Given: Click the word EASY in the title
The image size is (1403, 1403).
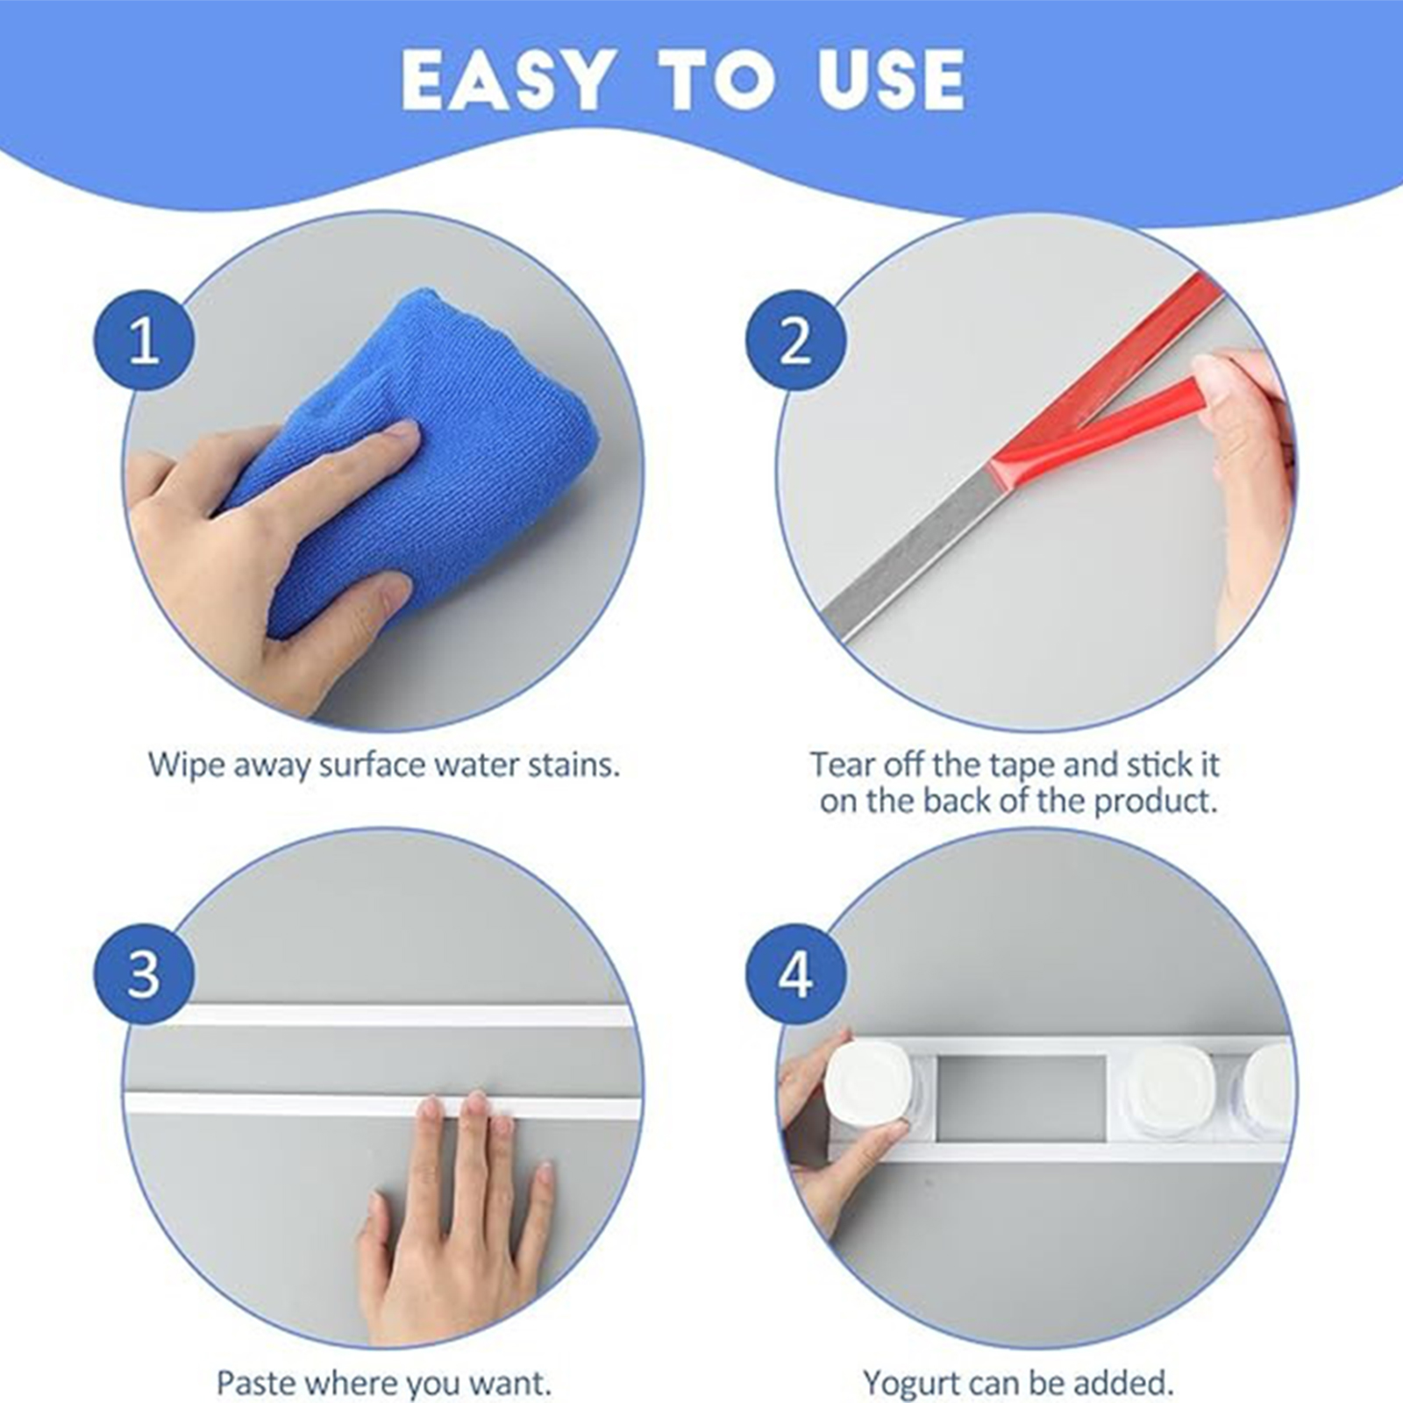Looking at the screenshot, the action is tap(507, 80).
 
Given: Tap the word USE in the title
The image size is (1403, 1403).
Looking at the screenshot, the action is tap(892, 80).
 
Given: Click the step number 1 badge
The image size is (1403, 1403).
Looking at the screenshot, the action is tap(144, 340).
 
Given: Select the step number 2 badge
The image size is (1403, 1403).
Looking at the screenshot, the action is tap(795, 340).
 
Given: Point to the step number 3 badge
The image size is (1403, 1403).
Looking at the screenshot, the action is tap(144, 974).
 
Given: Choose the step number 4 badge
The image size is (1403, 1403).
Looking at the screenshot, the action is tap(795, 974).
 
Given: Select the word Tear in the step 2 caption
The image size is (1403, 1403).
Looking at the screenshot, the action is tap(842, 765).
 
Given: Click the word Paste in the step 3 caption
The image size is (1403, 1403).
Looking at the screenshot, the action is tap(257, 1384).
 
